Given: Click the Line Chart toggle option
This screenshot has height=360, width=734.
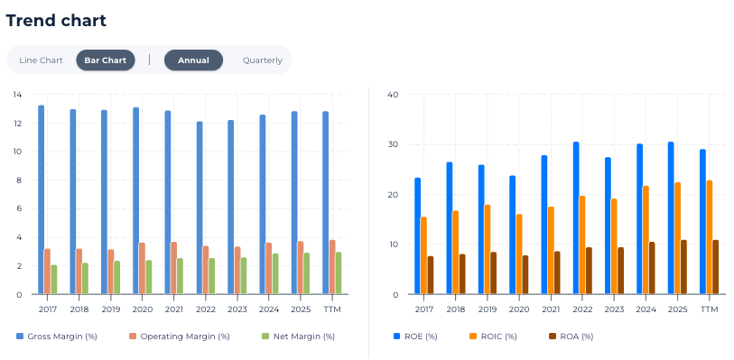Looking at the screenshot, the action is (x=41, y=60).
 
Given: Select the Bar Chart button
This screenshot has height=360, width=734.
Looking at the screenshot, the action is (x=106, y=60).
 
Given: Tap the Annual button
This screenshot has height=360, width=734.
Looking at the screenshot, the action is (x=193, y=60).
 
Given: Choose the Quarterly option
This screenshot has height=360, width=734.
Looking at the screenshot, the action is (x=262, y=60).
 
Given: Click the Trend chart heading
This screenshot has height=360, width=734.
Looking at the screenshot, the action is (x=56, y=21).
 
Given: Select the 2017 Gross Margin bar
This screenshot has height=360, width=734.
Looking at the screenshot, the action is (x=42, y=199).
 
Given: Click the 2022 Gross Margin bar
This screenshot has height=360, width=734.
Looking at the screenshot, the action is (x=200, y=208).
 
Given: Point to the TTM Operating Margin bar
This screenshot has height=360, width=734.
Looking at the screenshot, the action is (x=332, y=267).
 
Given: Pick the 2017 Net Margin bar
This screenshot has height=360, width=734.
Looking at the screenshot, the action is (x=54, y=280).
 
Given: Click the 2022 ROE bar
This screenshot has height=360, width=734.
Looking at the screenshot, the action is (x=576, y=217).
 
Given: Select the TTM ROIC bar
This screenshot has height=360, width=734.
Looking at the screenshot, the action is (x=710, y=237).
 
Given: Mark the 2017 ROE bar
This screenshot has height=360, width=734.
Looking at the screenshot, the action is (x=417, y=236).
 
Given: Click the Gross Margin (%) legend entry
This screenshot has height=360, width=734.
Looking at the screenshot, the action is (x=57, y=337).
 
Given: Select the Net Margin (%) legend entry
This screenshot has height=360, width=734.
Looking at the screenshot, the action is (x=298, y=337).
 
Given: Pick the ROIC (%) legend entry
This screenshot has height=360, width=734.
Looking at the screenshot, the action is (x=493, y=337).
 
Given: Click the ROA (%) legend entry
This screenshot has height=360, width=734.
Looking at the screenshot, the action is (x=571, y=337).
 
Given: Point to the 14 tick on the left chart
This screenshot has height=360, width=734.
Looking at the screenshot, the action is (x=17, y=95).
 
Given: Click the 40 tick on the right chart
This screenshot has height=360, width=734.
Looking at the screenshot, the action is (x=393, y=95).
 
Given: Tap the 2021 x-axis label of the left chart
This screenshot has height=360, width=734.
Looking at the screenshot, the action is (x=173, y=309).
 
